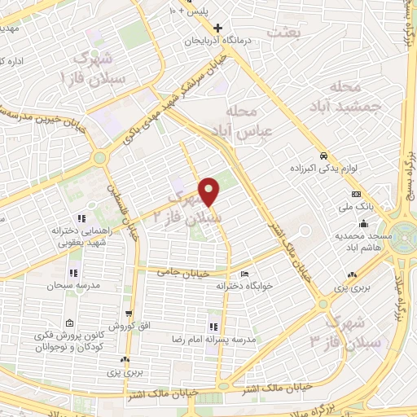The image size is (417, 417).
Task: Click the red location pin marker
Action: click(210, 191)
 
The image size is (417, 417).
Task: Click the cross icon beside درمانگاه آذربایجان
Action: click(230, 28)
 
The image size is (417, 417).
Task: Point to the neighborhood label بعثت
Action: click(288, 31)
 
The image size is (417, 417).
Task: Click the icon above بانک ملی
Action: click(356, 195)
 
